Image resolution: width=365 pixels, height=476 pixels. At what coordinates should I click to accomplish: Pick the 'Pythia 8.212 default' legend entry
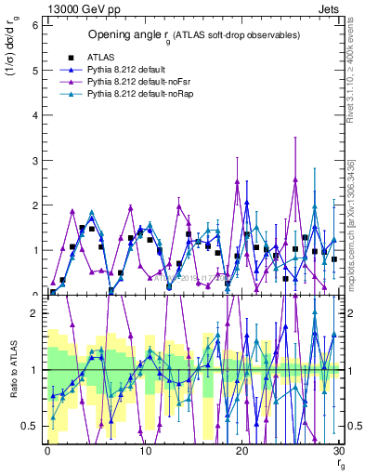pos(131,69)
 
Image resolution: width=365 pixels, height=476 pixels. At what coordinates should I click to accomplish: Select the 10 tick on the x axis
pos(144,452)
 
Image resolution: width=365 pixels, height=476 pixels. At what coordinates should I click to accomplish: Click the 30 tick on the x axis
pos(339,452)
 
